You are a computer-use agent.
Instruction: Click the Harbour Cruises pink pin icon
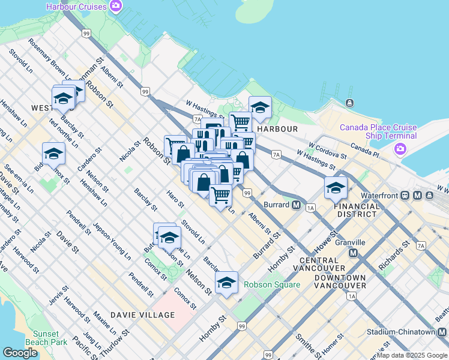coord(116,7)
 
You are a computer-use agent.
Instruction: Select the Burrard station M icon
coord(296,205)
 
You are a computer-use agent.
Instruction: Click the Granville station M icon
coord(352,253)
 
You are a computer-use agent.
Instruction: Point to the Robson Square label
coord(271,284)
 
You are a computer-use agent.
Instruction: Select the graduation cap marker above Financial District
coord(336,187)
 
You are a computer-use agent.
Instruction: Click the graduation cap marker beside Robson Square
coord(226,282)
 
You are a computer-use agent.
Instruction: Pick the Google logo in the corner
coord(20,353)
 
